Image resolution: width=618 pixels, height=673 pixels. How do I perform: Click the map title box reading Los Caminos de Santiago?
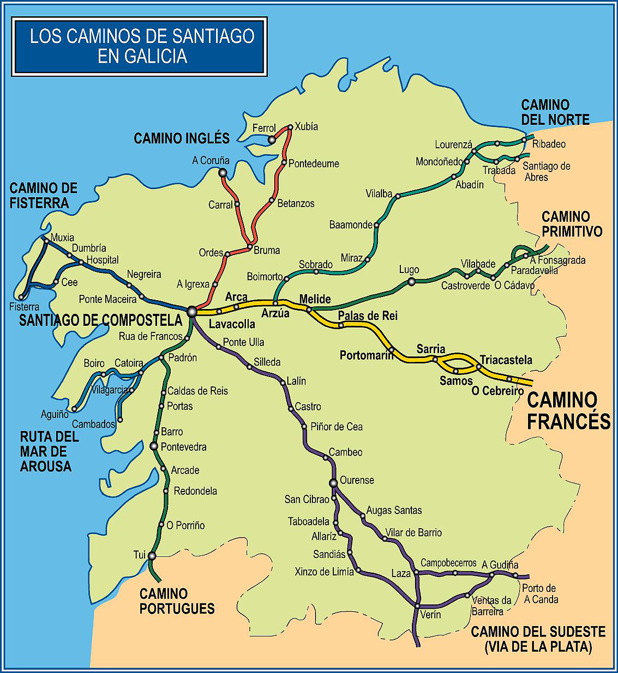(x=140, y=46)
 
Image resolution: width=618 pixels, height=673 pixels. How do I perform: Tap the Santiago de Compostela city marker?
(x=192, y=312)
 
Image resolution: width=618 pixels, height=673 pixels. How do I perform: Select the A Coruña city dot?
(x=222, y=173)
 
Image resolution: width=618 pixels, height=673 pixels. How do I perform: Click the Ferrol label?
(x=264, y=128)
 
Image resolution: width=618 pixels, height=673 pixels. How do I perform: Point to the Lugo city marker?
(x=411, y=282)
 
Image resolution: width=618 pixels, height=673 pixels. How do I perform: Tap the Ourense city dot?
(x=333, y=483)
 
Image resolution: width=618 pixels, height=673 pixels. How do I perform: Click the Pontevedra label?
(x=184, y=447)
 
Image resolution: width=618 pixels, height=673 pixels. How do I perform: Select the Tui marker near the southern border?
(x=152, y=556)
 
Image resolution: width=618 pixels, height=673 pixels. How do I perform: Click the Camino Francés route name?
(x=568, y=411)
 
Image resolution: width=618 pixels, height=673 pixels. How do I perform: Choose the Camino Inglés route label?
(x=182, y=139)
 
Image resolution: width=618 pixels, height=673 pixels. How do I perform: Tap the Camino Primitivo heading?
(x=571, y=224)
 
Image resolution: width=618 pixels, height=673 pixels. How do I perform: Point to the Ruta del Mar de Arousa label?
(x=49, y=451)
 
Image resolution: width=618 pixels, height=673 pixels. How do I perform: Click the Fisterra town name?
(x=24, y=306)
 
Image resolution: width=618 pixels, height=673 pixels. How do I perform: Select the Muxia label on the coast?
(x=62, y=237)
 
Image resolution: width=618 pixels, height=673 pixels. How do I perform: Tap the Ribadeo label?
(x=549, y=144)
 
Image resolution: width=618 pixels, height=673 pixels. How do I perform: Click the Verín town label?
(x=430, y=614)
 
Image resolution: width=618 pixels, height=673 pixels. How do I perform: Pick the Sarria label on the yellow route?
(x=431, y=349)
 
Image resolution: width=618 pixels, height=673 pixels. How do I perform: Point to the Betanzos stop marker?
(x=272, y=200)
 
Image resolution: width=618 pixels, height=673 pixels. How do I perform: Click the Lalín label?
(x=296, y=381)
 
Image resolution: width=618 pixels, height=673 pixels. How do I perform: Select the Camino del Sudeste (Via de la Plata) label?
(x=538, y=639)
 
